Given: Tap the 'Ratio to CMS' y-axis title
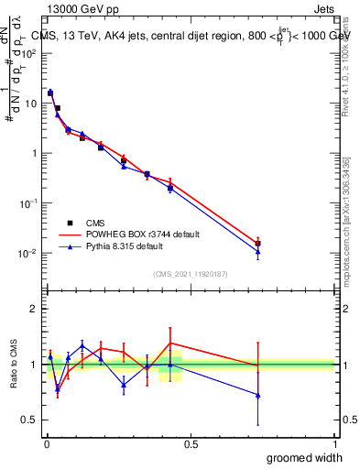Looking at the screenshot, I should tap(12, 365).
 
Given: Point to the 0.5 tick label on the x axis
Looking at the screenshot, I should tap(191, 444).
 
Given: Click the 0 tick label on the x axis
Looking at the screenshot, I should tap(46, 444).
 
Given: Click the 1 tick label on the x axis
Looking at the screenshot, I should tap(335, 444).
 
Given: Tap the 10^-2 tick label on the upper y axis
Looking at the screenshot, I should tap(28, 253).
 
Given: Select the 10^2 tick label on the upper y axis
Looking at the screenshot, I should tap(29, 53).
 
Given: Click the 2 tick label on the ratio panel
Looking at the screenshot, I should tap(35, 310).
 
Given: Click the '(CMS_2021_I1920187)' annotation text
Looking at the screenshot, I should tap(190, 273).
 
